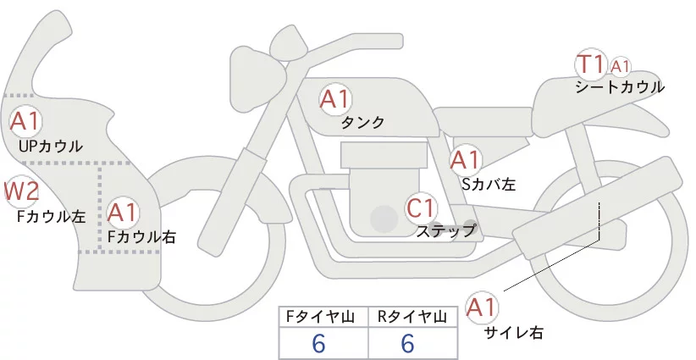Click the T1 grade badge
click(x=589, y=64)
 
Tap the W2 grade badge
click(x=21, y=192)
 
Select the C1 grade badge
click(x=421, y=208)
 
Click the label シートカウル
click(x=619, y=86)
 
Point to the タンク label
click(x=362, y=122)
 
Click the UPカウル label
click(x=50, y=147)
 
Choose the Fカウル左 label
click(x=51, y=216)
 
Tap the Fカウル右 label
click(x=141, y=237)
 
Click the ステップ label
click(x=445, y=230)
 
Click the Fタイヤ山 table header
click(x=323, y=317)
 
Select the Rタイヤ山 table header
click(x=412, y=317)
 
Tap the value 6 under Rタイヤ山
click(x=408, y=344)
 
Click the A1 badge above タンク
click(x=334, y=99)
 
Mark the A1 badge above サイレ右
click(x=483, y=307)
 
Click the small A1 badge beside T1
click(x=621, y=65)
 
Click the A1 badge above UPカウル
click(x=25, y=120)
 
